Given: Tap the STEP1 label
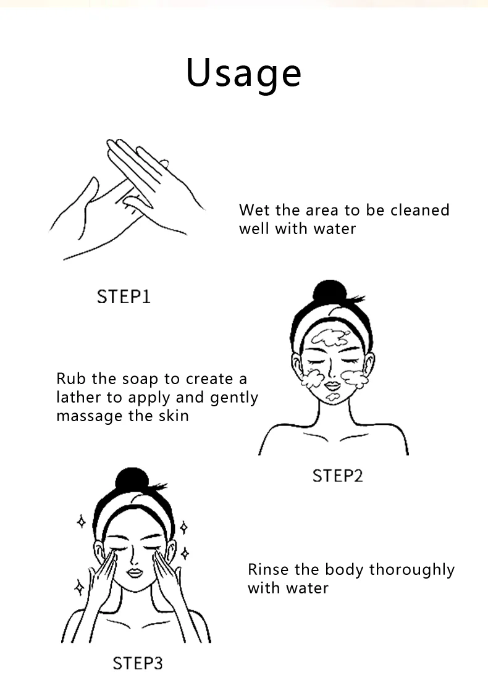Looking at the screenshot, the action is click(x=124, y=296).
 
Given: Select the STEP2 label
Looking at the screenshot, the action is click(x=338, y=475).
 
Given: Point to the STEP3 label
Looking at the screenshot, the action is click(x=137, y=663).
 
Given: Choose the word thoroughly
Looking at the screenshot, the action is click(x=412, y=570).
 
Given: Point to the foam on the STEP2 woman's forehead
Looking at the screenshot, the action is click(x=330, y=338).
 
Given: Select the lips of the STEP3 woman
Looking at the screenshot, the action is click(x=134, y=572).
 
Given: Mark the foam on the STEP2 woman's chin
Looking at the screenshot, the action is click(x=332, y=396).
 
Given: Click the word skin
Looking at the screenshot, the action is click(x=174, y=416).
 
